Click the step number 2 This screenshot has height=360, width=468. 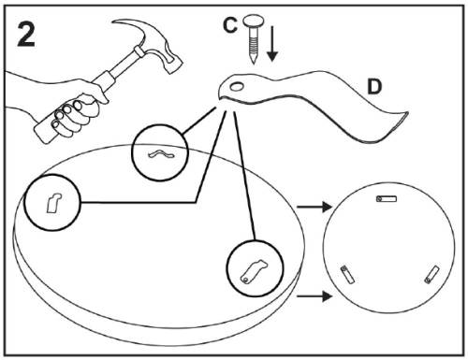[26, 34]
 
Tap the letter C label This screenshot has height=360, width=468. [230, 25]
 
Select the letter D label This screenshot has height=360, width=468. [374, 86]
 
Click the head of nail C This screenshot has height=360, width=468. [254, 21]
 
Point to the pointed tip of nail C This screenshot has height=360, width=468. [254, 62]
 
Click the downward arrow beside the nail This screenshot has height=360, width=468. [272, 43]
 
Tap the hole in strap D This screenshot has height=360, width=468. [237, 86]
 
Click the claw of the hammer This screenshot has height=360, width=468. [131, 25]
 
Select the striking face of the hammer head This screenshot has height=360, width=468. [175, 66]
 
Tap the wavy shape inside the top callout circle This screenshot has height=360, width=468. [161, 153]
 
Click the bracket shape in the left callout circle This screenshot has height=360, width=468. [53, 203]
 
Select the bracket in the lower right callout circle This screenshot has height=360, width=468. [254, 271]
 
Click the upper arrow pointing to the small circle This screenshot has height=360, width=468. [314, 207]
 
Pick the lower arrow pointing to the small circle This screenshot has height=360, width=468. [314, 295]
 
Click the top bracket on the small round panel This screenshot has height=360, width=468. [387, 198]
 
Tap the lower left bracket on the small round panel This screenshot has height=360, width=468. [347, 274]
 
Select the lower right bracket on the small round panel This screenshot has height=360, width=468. [432, 275]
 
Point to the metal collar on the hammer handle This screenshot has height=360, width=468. [139, 51]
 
